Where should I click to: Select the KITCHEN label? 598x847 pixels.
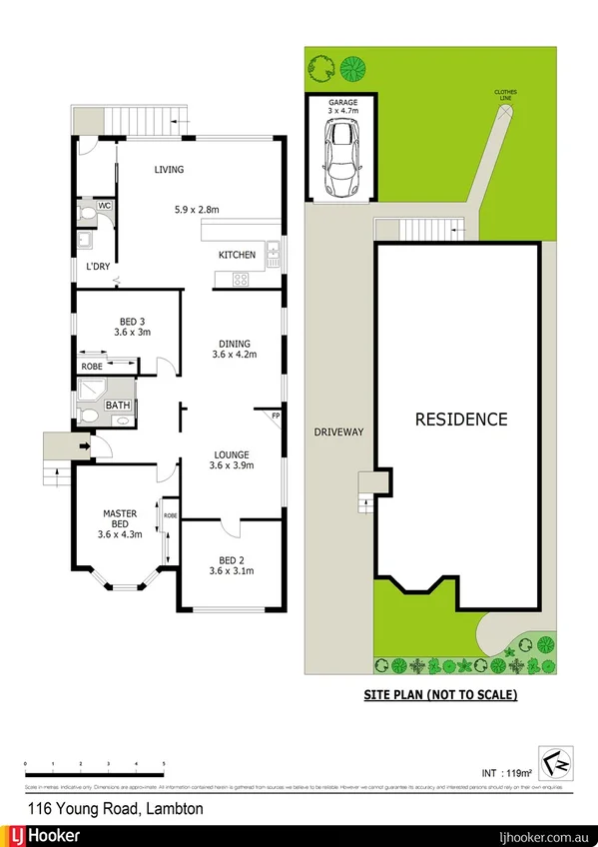click(237, 255)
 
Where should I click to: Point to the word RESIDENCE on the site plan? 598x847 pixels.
click(461, 419)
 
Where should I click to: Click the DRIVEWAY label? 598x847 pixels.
click(336, 431)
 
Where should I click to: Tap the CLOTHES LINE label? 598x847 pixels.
click(505, 96)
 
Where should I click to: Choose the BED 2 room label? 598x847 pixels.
click(232, 559)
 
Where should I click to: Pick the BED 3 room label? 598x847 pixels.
click(131, 322)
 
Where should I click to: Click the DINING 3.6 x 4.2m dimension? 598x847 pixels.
click(235, 354)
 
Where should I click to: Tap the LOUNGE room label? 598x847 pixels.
click(232, 453)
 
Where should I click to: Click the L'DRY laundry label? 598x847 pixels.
click(97, 267)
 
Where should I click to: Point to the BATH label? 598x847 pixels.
click(118, 406)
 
